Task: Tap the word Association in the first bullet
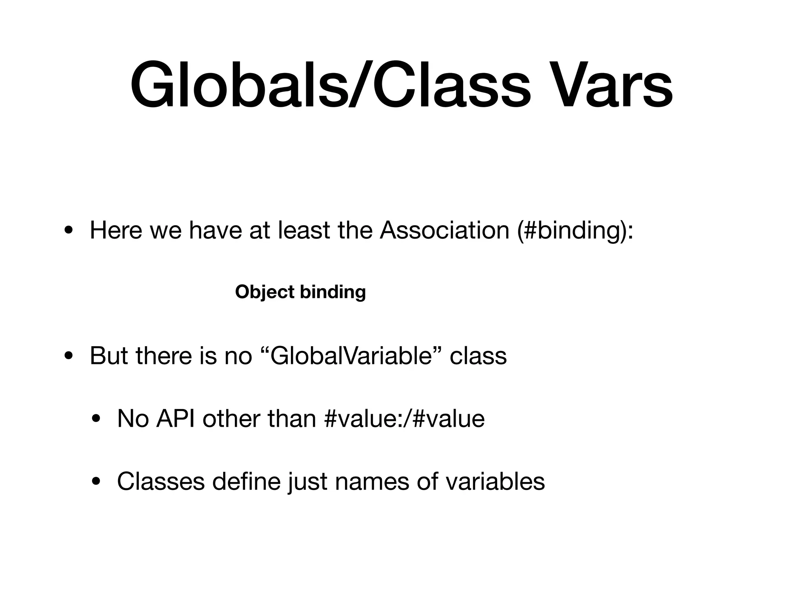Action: (444, 230)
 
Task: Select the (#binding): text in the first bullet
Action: (575, 230)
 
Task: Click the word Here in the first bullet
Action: (116, 230)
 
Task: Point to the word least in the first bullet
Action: (304, 230)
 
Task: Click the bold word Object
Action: (265, 292)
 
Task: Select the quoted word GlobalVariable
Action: (351, 356)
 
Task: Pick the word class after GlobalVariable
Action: (478, 356)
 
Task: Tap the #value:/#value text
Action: (405, 418)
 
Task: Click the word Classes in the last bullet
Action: (161, 481)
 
